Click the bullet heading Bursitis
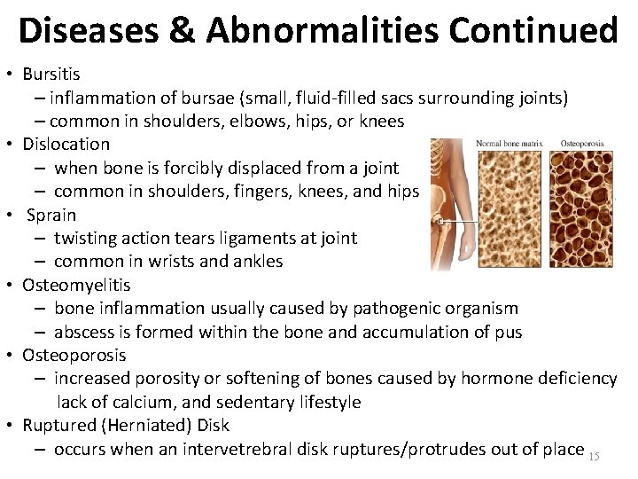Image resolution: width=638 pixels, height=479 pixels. tap(51, 74)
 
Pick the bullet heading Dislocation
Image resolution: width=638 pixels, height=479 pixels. tap(66, 144)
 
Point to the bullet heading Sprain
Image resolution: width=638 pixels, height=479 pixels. tap(51, 215)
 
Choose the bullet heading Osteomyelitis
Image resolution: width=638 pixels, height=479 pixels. tap(76, 285)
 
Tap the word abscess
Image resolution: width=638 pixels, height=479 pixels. tap(84, 332)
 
